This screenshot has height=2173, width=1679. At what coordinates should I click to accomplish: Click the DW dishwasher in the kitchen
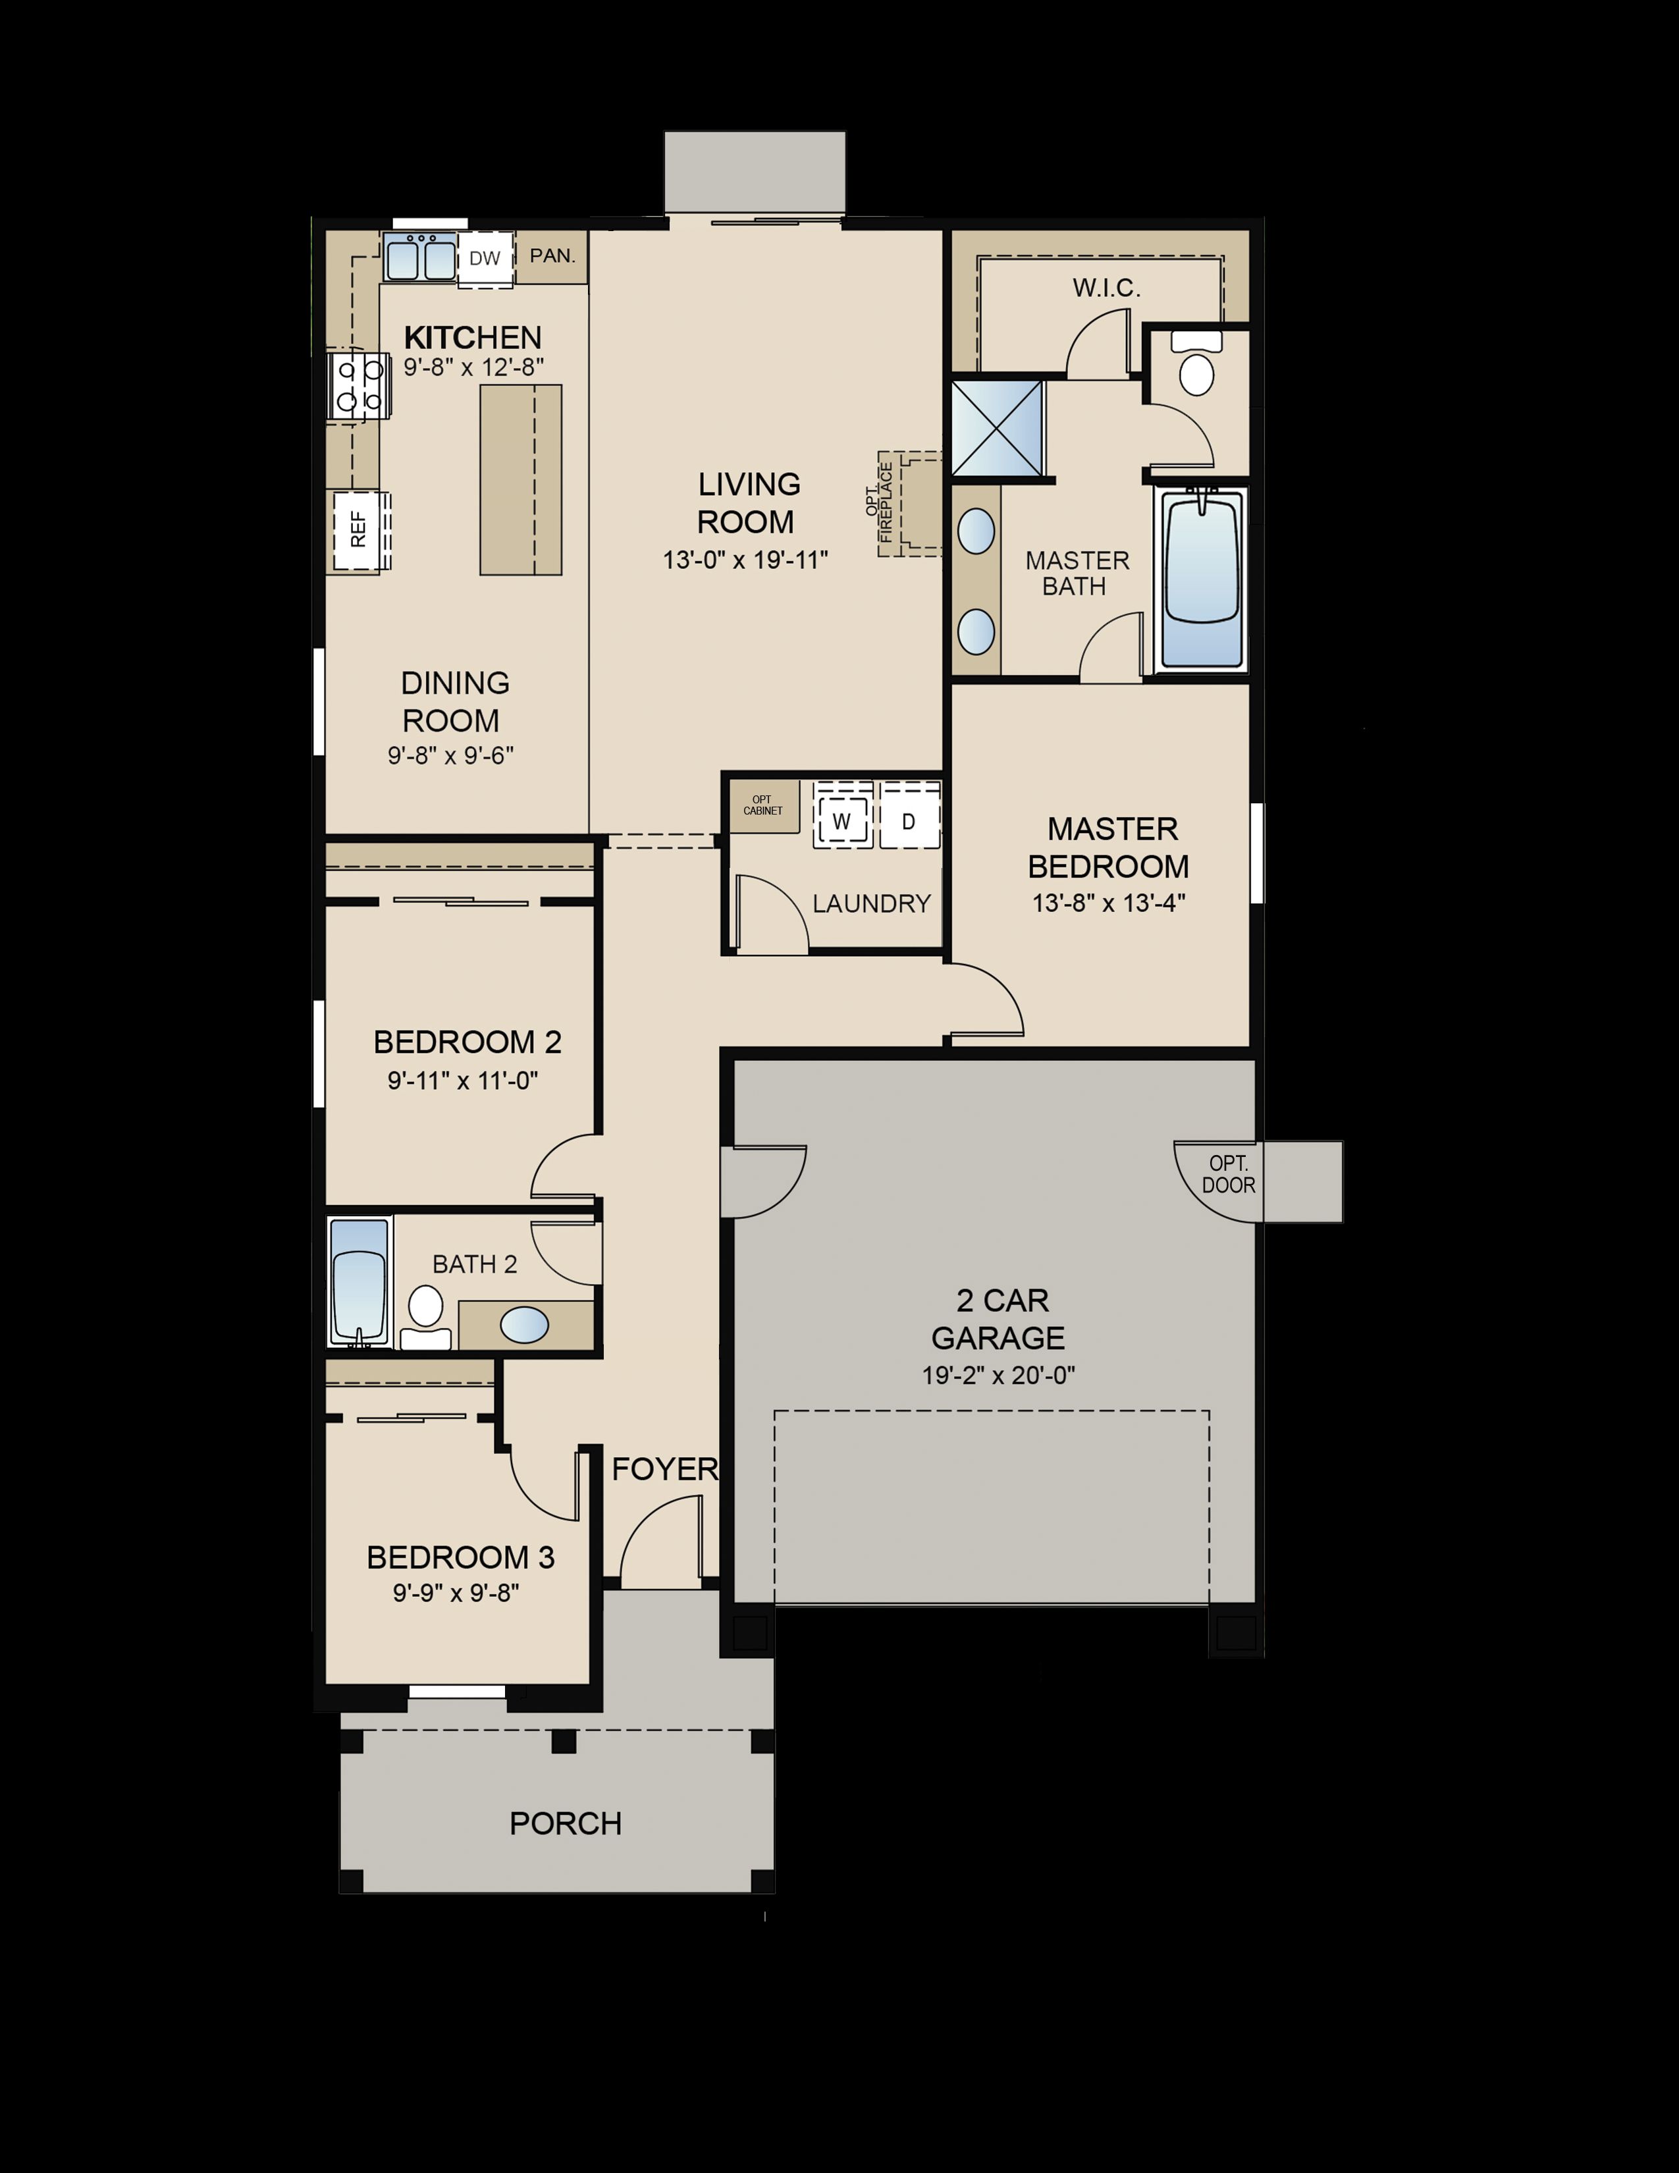(x=485, y=259)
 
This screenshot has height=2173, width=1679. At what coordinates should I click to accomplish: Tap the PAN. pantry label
(x=552, y=255)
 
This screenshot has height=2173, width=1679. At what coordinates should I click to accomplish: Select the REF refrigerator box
(x=358, y=530)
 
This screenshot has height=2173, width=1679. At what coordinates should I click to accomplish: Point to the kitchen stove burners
(x=359, y=385)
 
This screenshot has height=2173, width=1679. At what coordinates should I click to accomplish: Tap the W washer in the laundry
(x=843, y=821)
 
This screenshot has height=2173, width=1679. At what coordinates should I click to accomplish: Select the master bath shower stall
(x=998, y=428)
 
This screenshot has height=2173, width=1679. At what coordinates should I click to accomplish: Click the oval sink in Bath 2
(x=524, y=1326)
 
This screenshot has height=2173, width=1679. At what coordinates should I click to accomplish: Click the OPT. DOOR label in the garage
(x=1229, y=1174)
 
